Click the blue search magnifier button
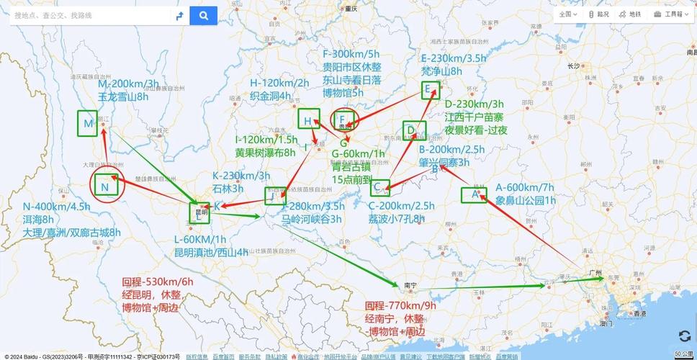[204, 15]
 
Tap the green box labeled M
[89, 124]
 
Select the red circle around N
[107, 187]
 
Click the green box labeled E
[430, 89]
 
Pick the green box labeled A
[474, 194]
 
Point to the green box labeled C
[379, 188]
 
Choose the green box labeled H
[308, 120]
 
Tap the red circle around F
[344, 119]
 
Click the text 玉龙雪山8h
[122, 96]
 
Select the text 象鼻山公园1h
[526, 200]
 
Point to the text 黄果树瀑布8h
[265, 153]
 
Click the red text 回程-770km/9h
[400, 305]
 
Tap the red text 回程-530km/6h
[158, 282]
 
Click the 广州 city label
[595, 272]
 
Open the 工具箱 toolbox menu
[668, 14]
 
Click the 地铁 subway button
[630, 14]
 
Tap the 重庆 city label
[351, 9]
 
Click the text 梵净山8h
[441, 71]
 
